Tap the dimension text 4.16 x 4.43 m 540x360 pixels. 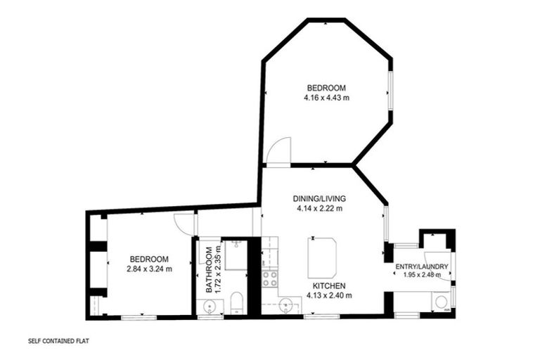326,98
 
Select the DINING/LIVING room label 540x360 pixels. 319,198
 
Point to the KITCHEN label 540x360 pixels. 328,285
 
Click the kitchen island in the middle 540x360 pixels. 322,257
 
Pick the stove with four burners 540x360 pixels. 270,278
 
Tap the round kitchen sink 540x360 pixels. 286,305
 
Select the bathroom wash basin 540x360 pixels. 209,306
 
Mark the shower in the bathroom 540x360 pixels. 236,255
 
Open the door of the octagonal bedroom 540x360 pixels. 278,151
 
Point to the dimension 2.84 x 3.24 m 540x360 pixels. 149,269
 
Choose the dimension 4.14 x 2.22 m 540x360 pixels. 319,208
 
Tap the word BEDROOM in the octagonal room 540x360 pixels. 326,88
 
